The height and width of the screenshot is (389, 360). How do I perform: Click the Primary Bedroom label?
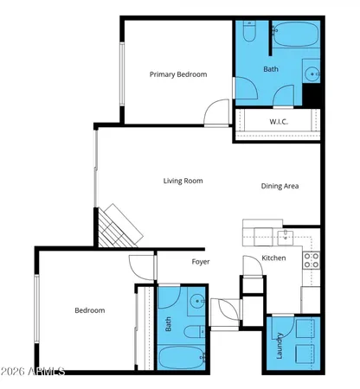(x=178, y=74)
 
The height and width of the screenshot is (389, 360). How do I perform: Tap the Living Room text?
(x=183, y=181)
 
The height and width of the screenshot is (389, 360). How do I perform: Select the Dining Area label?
(x=280, y=186)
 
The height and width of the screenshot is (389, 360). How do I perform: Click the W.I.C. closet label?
(x=279, y=121)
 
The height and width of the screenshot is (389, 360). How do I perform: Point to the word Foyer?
(x=201, y=261)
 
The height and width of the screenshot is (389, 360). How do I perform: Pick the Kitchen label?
(x=273, y=258)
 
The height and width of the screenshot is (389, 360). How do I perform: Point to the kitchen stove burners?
(x=312, y=257)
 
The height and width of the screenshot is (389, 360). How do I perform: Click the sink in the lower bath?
(x=197, y=302)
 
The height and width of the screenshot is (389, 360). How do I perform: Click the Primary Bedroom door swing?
(x=216, y=112)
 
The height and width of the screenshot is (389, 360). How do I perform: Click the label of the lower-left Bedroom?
(x=89, y=310)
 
